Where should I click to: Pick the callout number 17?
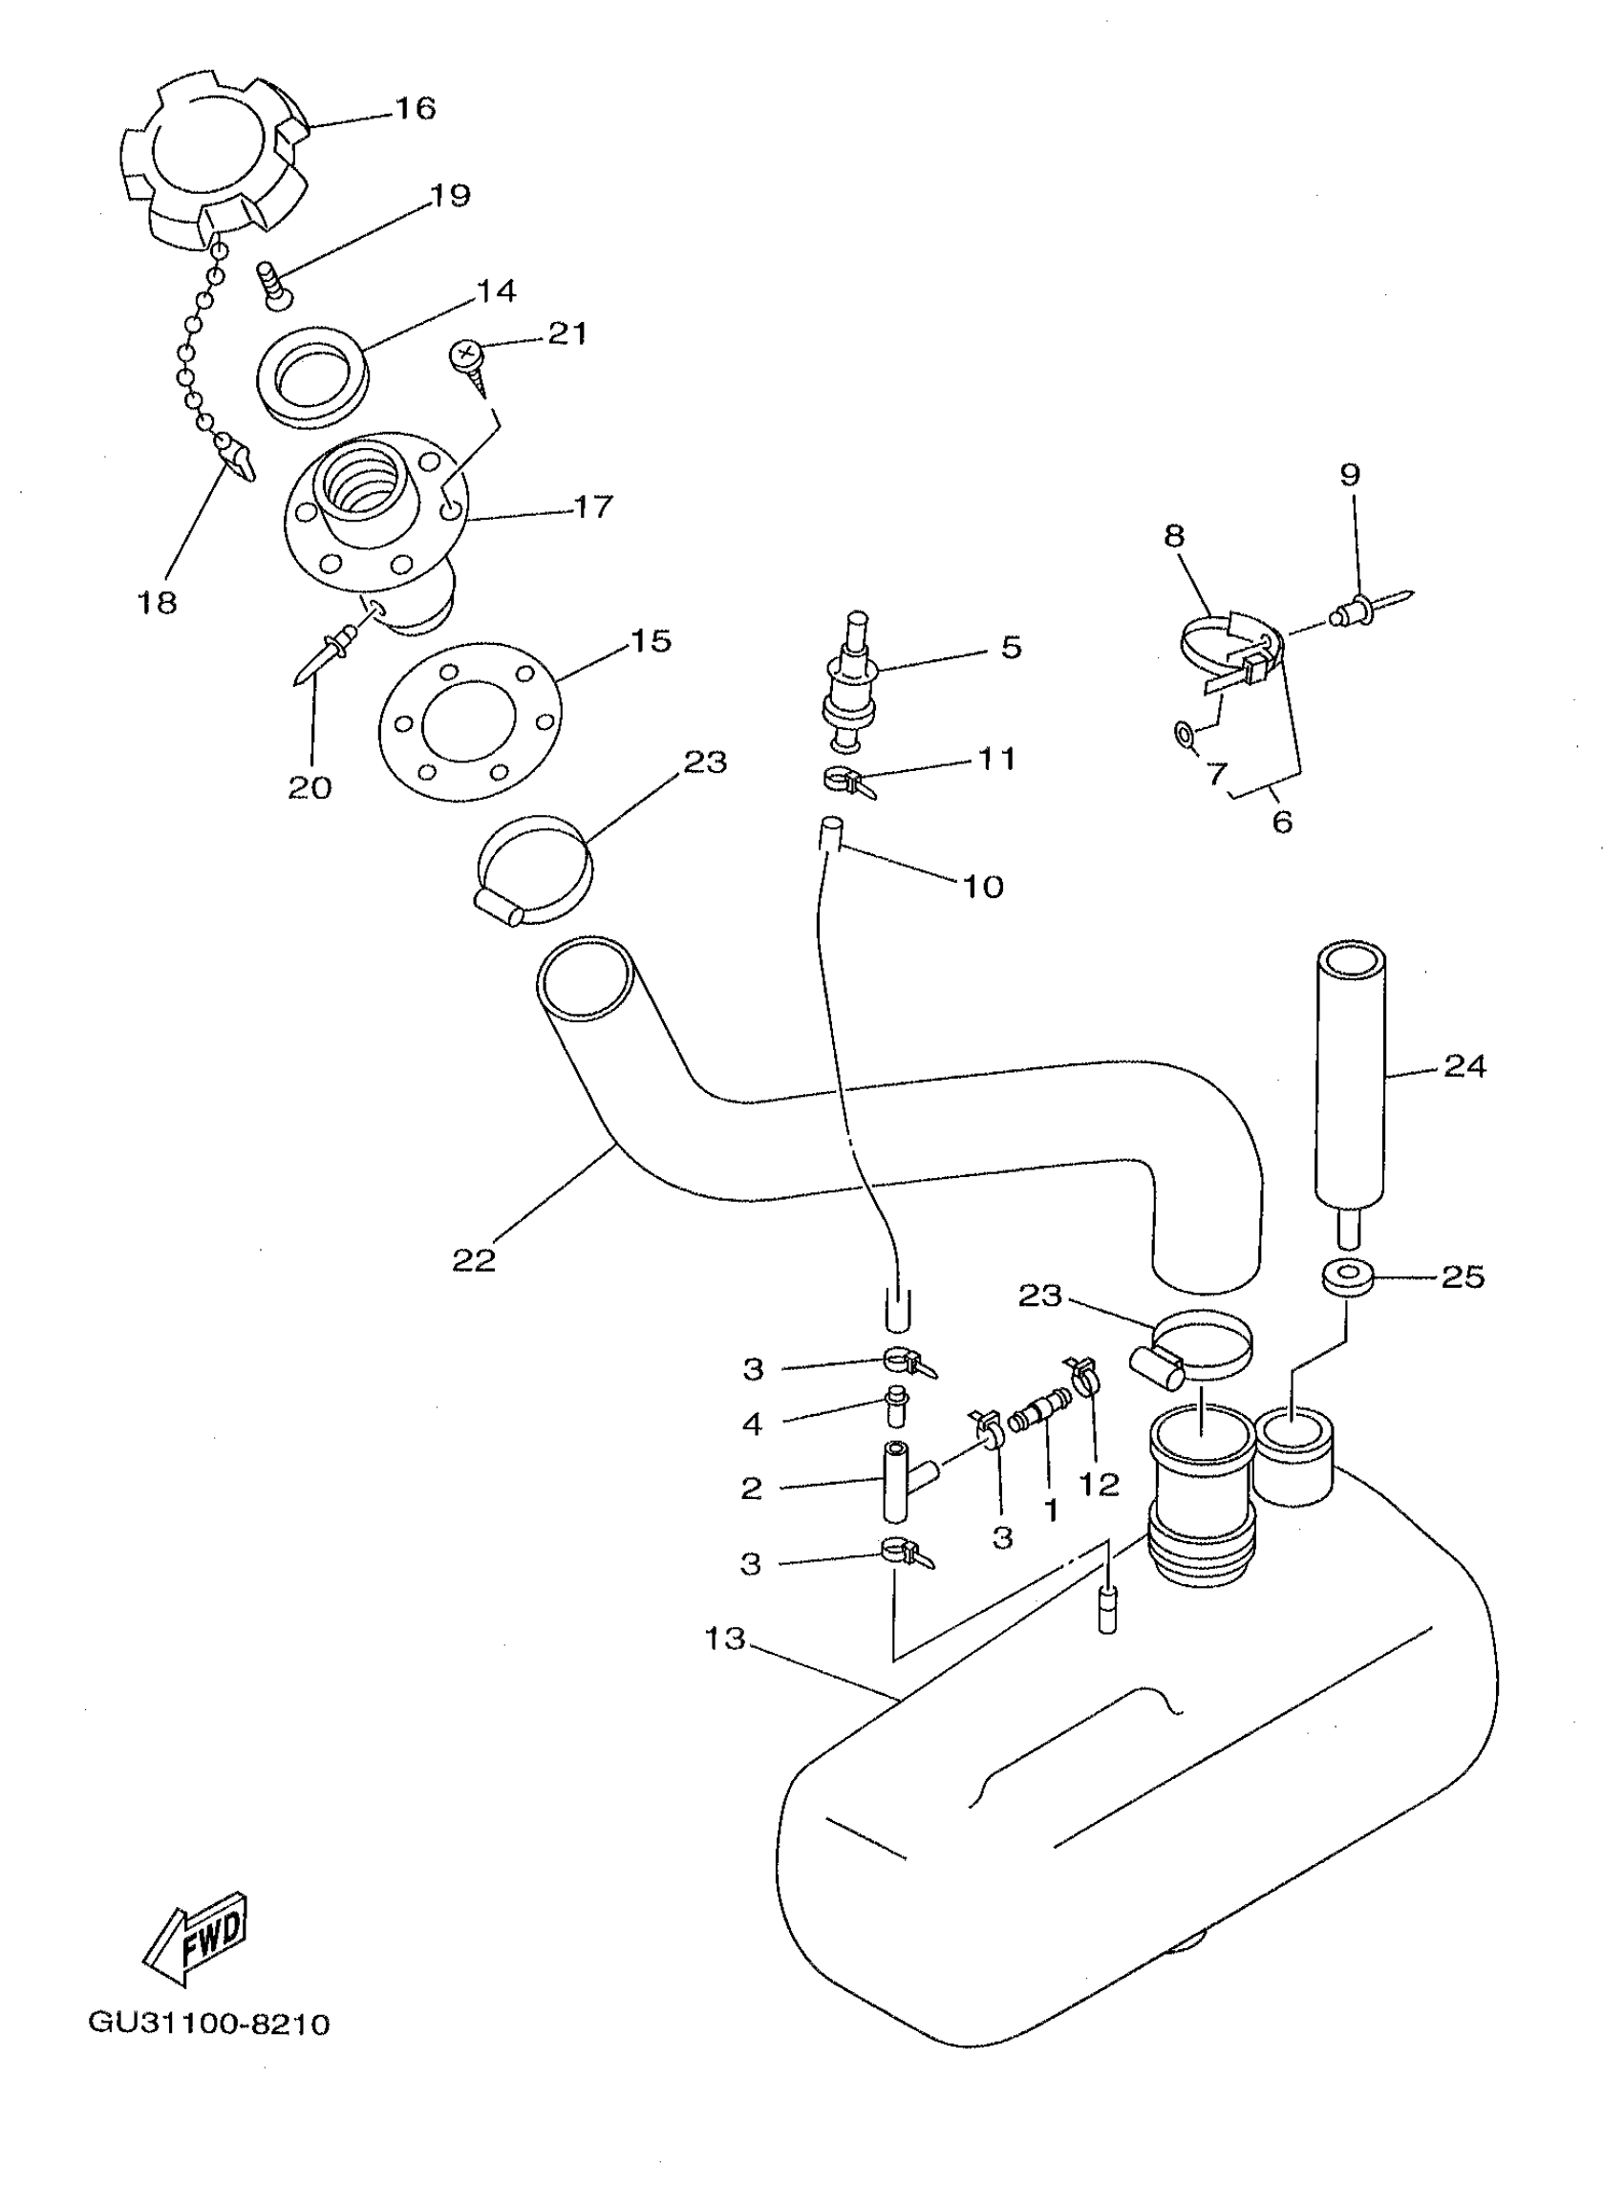point(593,506)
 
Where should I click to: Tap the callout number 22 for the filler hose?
point(473,1260)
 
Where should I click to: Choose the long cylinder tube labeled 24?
point(1350,1078)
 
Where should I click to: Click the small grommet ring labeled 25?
point(1345,1278)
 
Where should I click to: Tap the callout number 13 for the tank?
point(724,1639)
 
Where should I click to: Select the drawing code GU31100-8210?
point(209,2023)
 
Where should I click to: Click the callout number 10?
point(982,887)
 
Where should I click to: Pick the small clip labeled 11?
point(846,782)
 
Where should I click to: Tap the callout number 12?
point(1099,1483)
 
